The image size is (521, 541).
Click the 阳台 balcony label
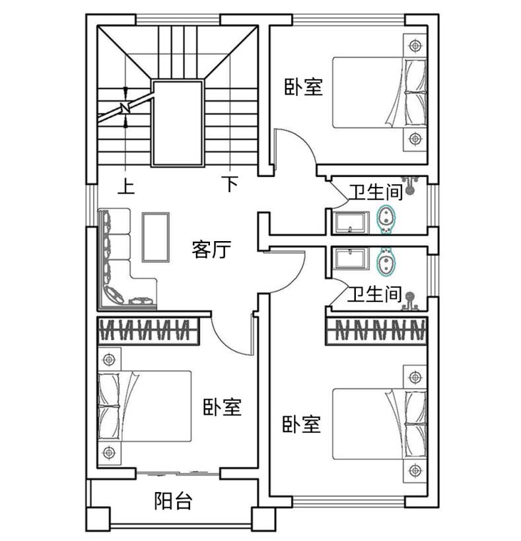(173, 501)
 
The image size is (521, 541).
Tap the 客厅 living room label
(211, 249)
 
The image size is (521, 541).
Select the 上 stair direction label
(126, 186)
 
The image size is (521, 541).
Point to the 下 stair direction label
(230, 184)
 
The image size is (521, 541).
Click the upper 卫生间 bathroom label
(376, 192)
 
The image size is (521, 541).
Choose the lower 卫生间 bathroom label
(375, 294)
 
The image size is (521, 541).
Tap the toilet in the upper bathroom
(386, 219)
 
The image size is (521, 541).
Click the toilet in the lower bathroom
(386, 262)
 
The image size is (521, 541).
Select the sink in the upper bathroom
(351, 223)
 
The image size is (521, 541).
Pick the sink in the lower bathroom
(351, 259)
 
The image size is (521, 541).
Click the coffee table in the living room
(155, 237)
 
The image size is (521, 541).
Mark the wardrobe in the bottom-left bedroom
(149, 330)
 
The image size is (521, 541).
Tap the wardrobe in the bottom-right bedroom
(376, 330)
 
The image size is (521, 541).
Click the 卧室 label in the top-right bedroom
(304, 87)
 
